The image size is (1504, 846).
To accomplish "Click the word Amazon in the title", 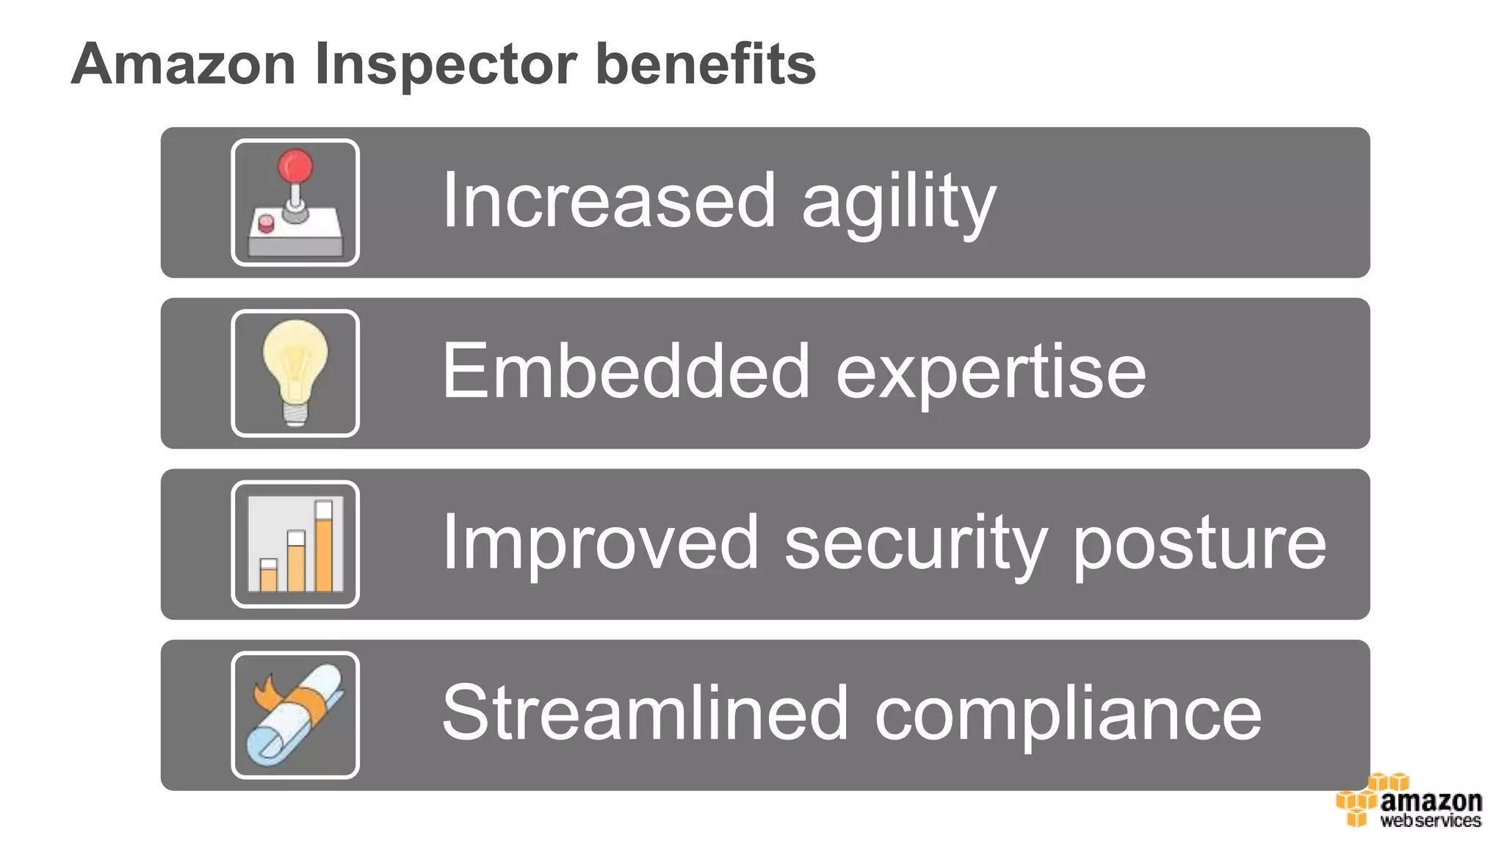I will point(184,65).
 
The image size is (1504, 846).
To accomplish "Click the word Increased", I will point(608,200).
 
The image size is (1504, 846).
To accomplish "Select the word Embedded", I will point(626,372).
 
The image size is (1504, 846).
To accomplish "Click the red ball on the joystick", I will point(295,166).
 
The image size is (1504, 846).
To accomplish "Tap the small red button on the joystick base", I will point(266,223).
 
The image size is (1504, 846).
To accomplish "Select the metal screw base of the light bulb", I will point(295,415).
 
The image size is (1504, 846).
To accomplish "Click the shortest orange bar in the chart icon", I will point(269,579).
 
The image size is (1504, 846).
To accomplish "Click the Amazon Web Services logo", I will point(1410,802).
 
